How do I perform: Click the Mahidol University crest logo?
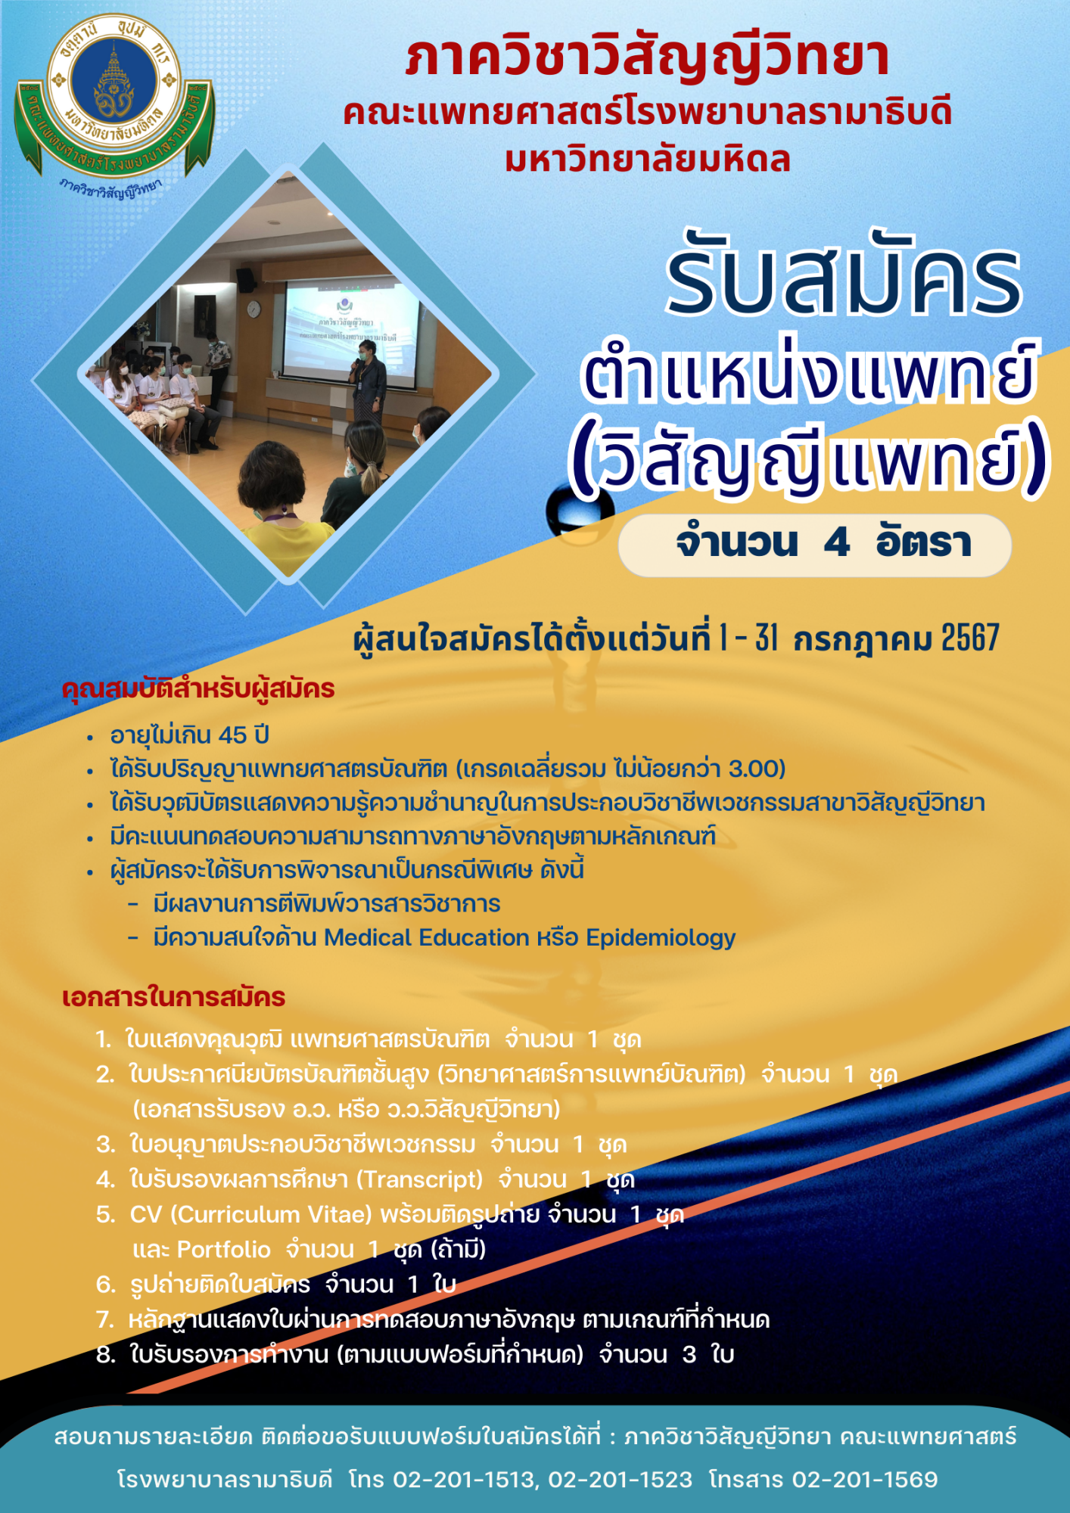coord(114,98)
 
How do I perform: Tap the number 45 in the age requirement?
coord(232,735)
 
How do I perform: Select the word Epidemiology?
coord(661,938)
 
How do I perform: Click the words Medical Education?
coord(427,938)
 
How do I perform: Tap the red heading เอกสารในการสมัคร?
coord(173,998)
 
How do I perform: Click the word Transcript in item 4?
coord(420,1179)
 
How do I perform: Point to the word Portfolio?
coord(223,1250)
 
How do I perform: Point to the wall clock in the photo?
coord(254,309)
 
